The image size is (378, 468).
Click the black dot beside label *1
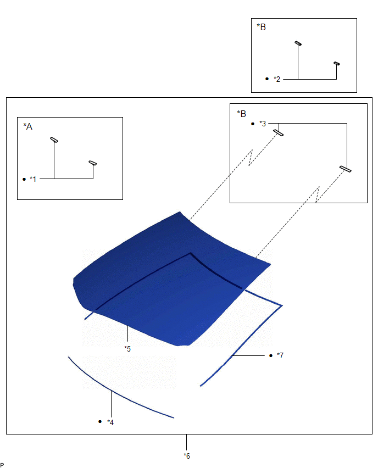tap(24, 179)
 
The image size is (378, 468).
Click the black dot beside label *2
tap(267, 79)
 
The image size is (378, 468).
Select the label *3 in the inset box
tap(263, 124)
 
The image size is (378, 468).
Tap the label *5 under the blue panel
tap(127, 349)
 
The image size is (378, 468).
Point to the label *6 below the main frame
tap(187, 456)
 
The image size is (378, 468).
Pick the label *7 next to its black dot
tap(280, 355)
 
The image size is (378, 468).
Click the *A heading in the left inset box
tap(28, 126)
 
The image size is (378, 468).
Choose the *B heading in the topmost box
tap(262, 27)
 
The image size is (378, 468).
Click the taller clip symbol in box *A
tap(54, 140)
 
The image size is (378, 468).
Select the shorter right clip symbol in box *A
tap(93, 163)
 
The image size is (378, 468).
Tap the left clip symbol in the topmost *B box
tap(298, 43)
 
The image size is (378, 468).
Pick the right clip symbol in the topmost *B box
tap(337, 64)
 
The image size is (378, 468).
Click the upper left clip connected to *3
tap(278, 133)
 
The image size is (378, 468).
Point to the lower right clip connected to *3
tap(346, 169)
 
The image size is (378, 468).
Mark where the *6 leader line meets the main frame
tap(187, 434)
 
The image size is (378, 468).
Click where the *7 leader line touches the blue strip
tap(233, 355)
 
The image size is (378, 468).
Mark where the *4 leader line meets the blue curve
tap(112, 391)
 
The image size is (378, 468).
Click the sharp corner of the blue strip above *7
tap(282, 305)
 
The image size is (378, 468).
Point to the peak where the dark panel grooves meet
tap(191, 253)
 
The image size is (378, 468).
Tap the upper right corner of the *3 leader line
tap(347, 123)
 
